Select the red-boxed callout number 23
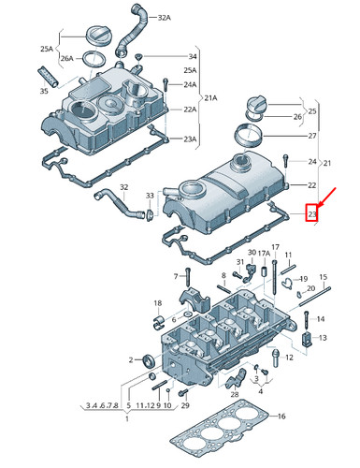click(x=312, y=215)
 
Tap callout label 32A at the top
click(x=165, y=18)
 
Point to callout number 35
click(x=43, y=92)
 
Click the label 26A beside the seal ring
click(x=67, y=58)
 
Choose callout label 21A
click(x=210, y=97)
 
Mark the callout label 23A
click(x=190, y=139)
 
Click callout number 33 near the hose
click(x=150, y=196)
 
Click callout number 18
click(x=158, y=302)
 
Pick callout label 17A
click(x=265, y=254)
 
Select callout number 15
click(x=324, y=277)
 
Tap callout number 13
click(x=323, y=337)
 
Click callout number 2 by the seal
click(x=131, y=359)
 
